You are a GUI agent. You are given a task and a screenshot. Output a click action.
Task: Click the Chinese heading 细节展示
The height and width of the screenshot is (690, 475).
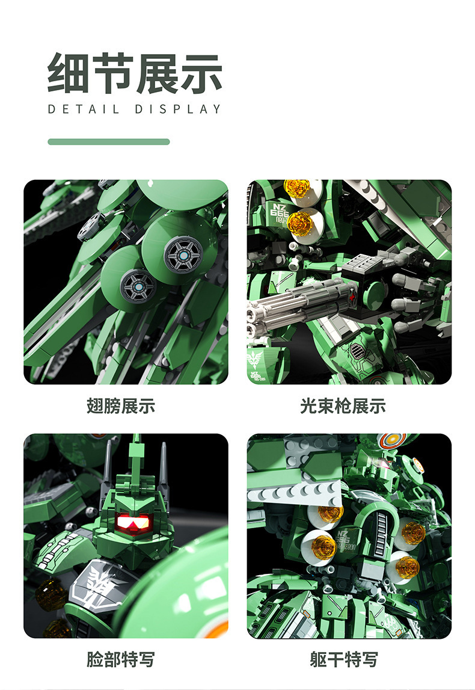coord(135,74)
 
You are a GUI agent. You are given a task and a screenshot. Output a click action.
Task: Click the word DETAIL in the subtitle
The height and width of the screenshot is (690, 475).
coord(84,109)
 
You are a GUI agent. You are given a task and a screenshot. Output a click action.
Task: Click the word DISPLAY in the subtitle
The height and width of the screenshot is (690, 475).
coord(178,109)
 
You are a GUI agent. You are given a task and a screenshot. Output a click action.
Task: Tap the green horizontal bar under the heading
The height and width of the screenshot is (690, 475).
coord(109,142)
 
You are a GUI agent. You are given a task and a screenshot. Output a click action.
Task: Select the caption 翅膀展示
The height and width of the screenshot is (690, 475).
coord(121,405)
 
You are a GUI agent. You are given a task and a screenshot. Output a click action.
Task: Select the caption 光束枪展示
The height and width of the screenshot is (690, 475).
coord(343,405)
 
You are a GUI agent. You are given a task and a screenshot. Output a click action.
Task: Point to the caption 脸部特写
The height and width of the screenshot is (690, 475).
coord(121,659)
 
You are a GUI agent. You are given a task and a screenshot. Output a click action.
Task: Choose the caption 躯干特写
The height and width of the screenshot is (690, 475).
coord(343,659)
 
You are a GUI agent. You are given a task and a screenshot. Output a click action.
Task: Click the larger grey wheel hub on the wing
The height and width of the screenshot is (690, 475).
coord(183,255)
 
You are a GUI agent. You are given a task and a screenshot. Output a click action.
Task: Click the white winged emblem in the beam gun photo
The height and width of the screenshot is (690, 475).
coord(255,360)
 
